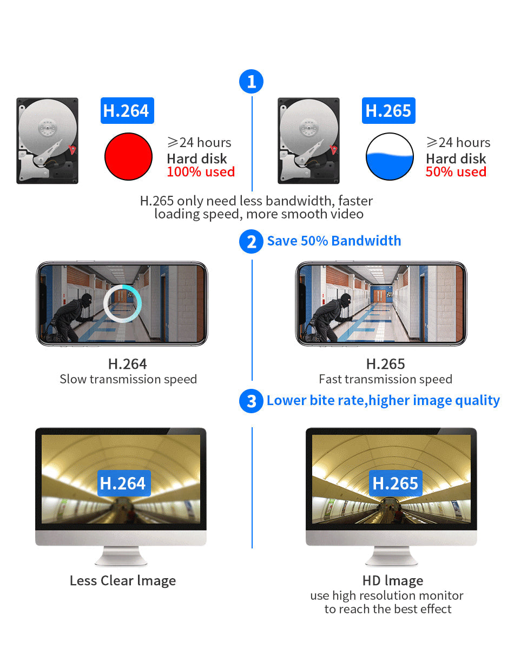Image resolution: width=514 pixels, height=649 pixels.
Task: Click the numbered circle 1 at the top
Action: [x=251, y=82]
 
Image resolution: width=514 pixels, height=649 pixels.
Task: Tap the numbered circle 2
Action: [x=251, y=241]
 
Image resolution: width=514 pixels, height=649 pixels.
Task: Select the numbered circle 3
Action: [x=251, y=401]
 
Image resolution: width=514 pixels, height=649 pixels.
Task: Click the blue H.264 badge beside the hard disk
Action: [x=127, y=110]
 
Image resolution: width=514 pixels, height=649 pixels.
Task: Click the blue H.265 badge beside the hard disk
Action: [x=388, y=110]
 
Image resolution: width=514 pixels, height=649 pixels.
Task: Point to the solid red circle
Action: [x=128, y=156]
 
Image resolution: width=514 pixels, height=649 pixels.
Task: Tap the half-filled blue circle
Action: [x=390, y=156]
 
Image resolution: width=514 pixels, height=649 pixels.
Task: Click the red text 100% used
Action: [x=201, y=172]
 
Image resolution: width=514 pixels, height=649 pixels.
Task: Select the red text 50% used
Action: [x=456, y=172]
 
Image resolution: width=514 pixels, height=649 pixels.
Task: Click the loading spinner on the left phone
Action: [x=123, y=303]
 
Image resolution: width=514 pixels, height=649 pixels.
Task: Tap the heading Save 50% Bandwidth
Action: [x=334, y=241]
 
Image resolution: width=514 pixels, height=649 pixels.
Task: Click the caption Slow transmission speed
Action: [x=128, y=379]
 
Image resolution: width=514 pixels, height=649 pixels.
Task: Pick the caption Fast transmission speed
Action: [x=385, y=379]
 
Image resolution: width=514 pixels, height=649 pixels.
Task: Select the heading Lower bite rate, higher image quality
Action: [x=383, y=401]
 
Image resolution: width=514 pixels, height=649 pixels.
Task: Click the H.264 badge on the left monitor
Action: [x=123, y=483]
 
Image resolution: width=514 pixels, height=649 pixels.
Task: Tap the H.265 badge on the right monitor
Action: [x=396, y=483]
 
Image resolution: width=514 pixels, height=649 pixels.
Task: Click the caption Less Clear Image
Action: [x=123, y=581]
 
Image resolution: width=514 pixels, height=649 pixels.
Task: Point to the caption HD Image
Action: [x=393, y=581]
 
